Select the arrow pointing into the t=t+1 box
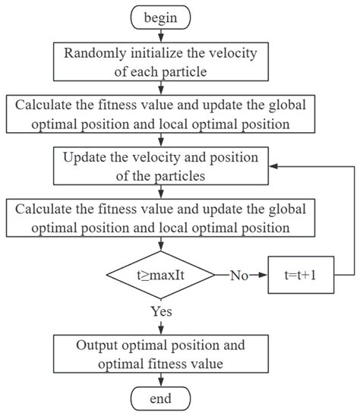pyautogui.click(x=261, y=275)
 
